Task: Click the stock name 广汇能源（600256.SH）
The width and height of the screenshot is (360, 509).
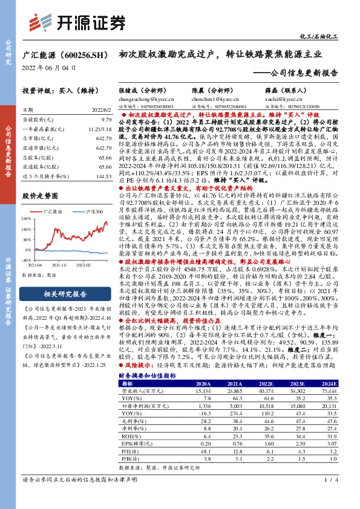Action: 65,55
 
